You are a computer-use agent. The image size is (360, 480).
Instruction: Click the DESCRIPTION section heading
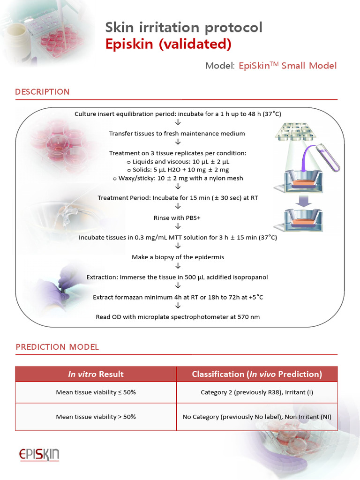click(42, 92)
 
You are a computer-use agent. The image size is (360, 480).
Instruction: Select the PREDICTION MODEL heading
click(57, 347)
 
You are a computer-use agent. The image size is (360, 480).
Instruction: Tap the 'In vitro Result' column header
click(96, 374)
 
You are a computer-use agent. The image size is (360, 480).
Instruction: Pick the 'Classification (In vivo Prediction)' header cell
click(257, 374)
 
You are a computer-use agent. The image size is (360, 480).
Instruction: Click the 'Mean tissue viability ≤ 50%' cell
click(96, 392)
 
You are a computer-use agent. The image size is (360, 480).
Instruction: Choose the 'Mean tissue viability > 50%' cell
click(96, 417)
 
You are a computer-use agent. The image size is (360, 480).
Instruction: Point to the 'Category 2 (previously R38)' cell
click(257, 392)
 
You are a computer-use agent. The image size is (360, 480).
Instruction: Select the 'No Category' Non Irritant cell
click(257, 417)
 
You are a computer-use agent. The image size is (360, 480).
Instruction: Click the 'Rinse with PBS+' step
click(178, 218)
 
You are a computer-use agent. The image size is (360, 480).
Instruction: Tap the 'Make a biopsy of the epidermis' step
click(178, 257)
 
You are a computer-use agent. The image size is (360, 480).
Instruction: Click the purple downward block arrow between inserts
click(304, 200)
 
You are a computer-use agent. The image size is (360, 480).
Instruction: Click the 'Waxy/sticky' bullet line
click(178, 178)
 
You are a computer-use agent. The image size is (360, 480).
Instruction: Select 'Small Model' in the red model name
click(309, 66)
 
